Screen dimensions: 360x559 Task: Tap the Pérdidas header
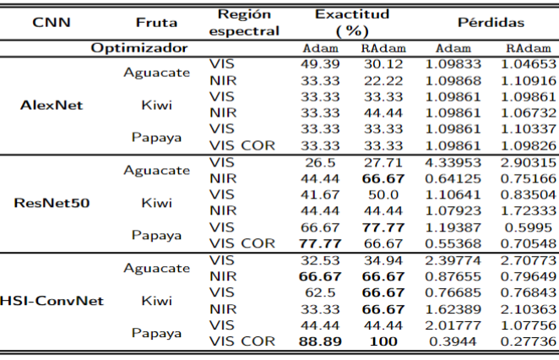tap(491, 22)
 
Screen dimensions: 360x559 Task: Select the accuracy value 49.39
tap(320, 63)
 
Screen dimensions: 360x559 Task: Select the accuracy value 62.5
tap(320, 292)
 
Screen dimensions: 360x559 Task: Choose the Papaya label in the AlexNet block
tap(156, 137)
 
